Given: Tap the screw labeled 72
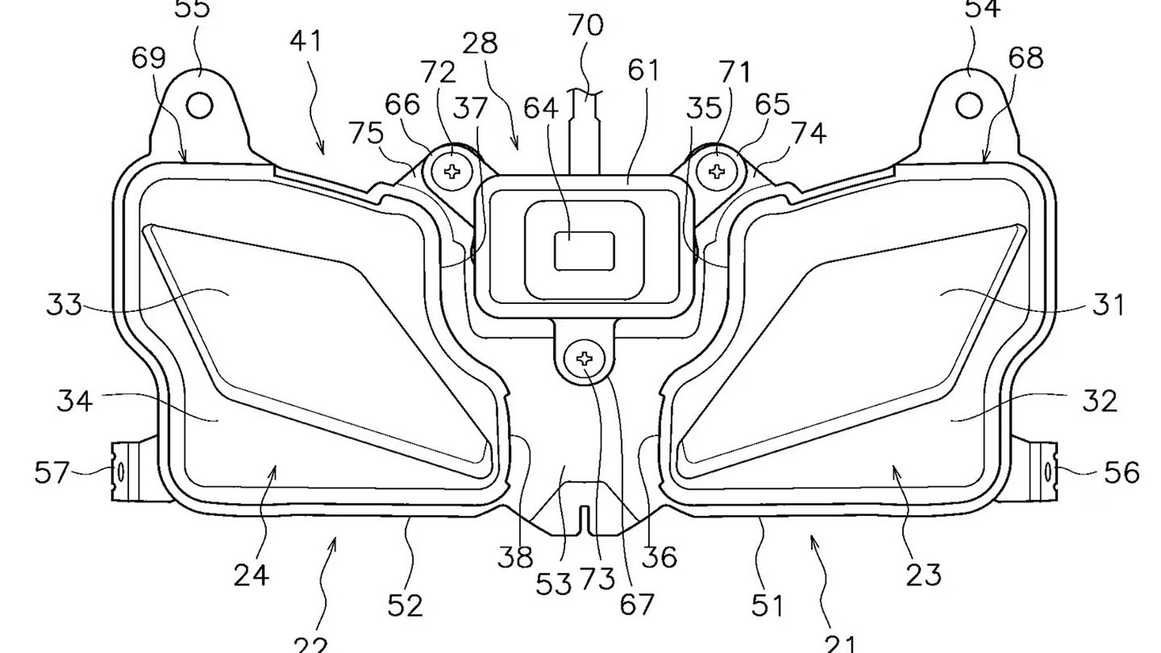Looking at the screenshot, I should click(452, 171).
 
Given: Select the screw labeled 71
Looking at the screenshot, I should click(717, 171).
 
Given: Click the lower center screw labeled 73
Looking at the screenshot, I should click(586, 358).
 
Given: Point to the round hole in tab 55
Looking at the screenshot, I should click(200, 106).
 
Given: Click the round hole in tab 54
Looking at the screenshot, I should click(969, 106).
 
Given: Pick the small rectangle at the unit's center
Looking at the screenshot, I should click(584, 251).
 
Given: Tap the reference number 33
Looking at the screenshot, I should click(64, 305).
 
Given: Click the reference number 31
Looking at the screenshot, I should click(1108, 305).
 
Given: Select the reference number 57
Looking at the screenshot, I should click(52, 473).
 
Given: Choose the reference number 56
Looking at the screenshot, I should click(1122, 473).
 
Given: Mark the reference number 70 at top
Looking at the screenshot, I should click(586, 25).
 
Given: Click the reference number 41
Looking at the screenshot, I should click(305, 41).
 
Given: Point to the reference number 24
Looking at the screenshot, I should click(251, 575).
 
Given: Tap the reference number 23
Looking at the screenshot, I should click(924, 575).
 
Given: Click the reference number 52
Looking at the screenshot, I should click(404, 604).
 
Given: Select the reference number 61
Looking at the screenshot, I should click(644, 70).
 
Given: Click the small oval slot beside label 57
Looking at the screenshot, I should click(120, 472).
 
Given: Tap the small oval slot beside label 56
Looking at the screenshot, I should click(1049, 472).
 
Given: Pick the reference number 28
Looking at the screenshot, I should click(480, 44).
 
